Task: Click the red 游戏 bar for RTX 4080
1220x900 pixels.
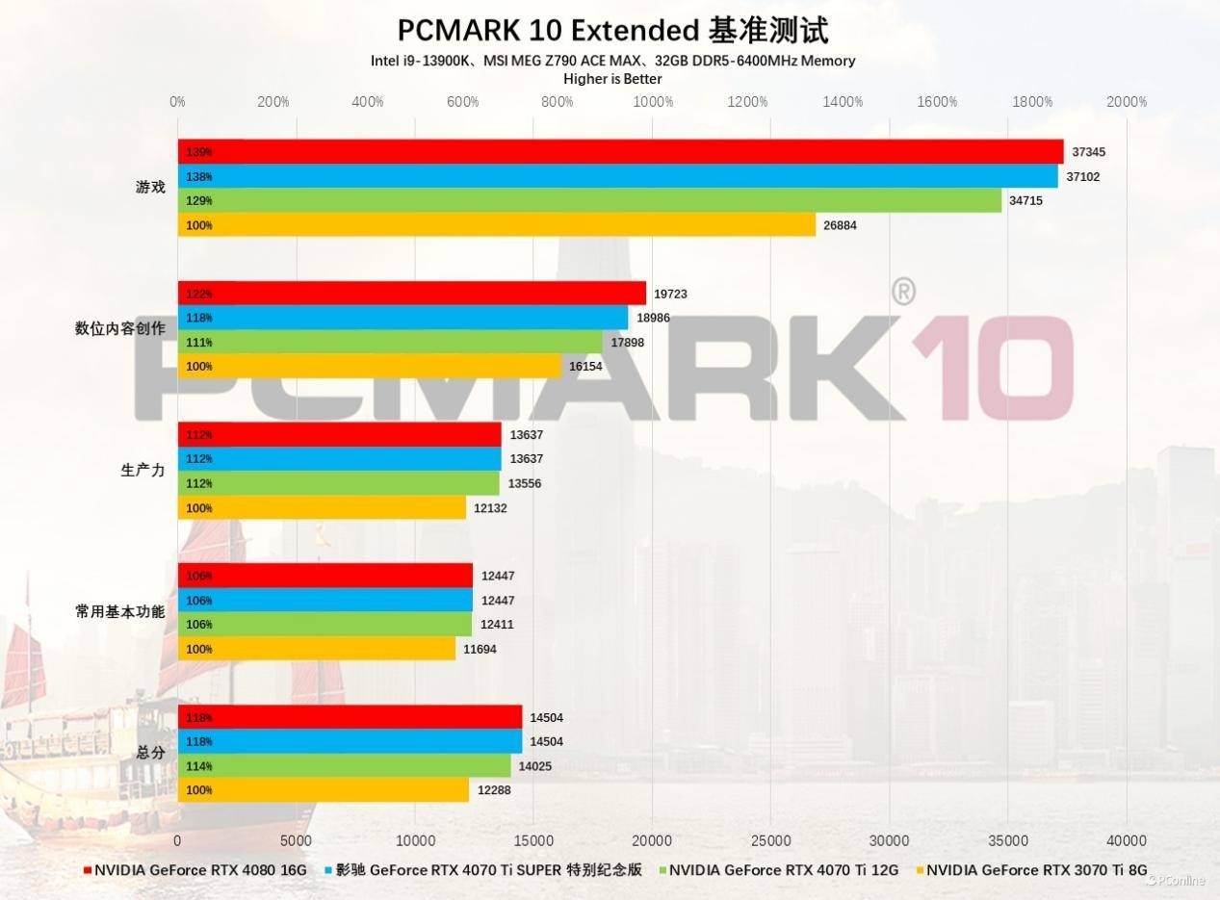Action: coord(620,152)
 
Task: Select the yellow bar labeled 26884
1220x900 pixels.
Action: coord(496,225)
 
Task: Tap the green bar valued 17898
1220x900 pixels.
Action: coord(390,342)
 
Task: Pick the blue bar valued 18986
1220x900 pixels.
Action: coord(402,318)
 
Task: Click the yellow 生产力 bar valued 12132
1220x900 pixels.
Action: coord(322,507)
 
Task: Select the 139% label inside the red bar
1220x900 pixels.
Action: coord(199,152)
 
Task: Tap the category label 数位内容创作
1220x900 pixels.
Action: coord(119,328)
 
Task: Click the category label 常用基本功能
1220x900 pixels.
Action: coord(119,611)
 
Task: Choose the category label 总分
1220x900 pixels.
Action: coord(150,753)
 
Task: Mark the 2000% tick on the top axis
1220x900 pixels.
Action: coord(1127,102)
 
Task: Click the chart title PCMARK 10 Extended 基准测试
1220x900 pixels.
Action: coord(612,30)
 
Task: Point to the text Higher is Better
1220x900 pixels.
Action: coord(612,79)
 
